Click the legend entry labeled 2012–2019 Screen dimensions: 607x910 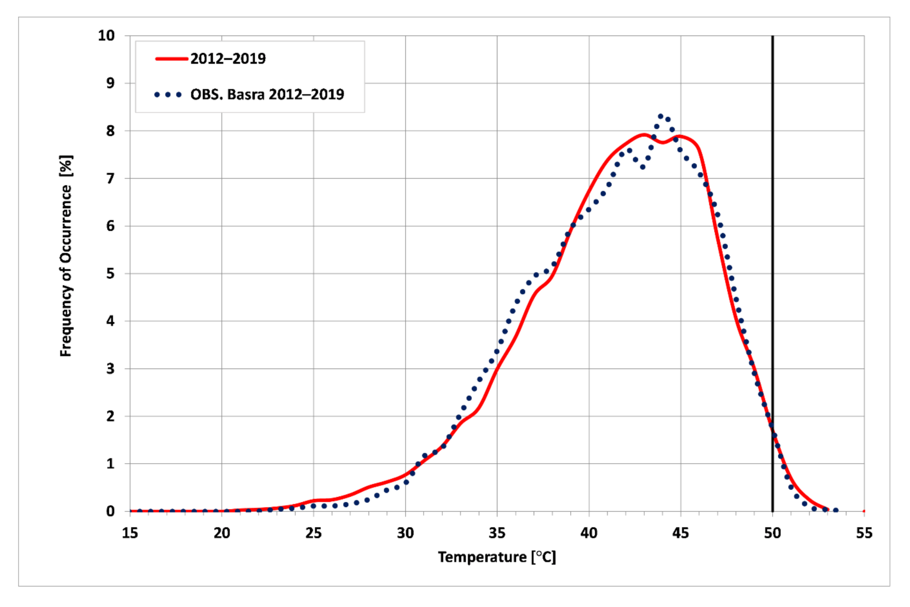(228, 59)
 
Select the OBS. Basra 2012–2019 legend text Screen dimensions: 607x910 (267, 94)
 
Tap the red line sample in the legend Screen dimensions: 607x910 (171, 59)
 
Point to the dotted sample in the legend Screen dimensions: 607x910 (168, 95)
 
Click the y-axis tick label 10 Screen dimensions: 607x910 (106, 36)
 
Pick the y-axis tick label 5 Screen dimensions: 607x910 (110, 274)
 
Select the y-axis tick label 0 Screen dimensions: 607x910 (110, 511)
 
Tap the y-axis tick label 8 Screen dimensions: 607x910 (110, 131)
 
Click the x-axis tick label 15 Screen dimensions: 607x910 (130, 534)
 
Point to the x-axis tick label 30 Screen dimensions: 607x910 (405, 534)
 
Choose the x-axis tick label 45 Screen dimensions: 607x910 (680, 534)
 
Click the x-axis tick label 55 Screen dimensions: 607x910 (864, 534)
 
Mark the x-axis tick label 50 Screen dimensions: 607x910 (772, 534)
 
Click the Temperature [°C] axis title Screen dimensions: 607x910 (496, 557)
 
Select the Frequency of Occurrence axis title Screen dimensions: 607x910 (66, 256)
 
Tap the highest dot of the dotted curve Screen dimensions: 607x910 (661, 116)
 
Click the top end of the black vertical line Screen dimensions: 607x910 (772, 37)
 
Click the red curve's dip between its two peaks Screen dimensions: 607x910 (663, 142)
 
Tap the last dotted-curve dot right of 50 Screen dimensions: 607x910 (836, 510)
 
